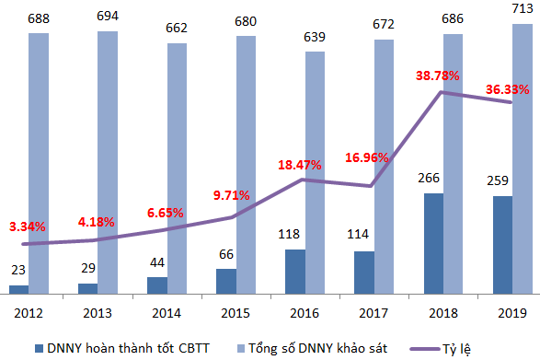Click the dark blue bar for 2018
point(433,243)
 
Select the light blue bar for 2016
point(315,173)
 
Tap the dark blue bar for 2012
point(19,290)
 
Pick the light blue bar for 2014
point(177,168)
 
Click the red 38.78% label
point(437,75)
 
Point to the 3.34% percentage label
point(28,226)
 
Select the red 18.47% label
point(300,165)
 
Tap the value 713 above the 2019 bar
point(523,8)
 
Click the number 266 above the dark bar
point(429,178)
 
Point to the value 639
point(315,37)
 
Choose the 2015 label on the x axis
point(236,313)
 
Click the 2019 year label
point(512,313)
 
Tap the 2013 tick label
point(98,313)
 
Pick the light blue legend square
point(241,349)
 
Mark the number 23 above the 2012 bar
point(18,270)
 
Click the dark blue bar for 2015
point(226,282)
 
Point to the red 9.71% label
point(232,195)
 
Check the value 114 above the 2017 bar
point(358,235)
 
